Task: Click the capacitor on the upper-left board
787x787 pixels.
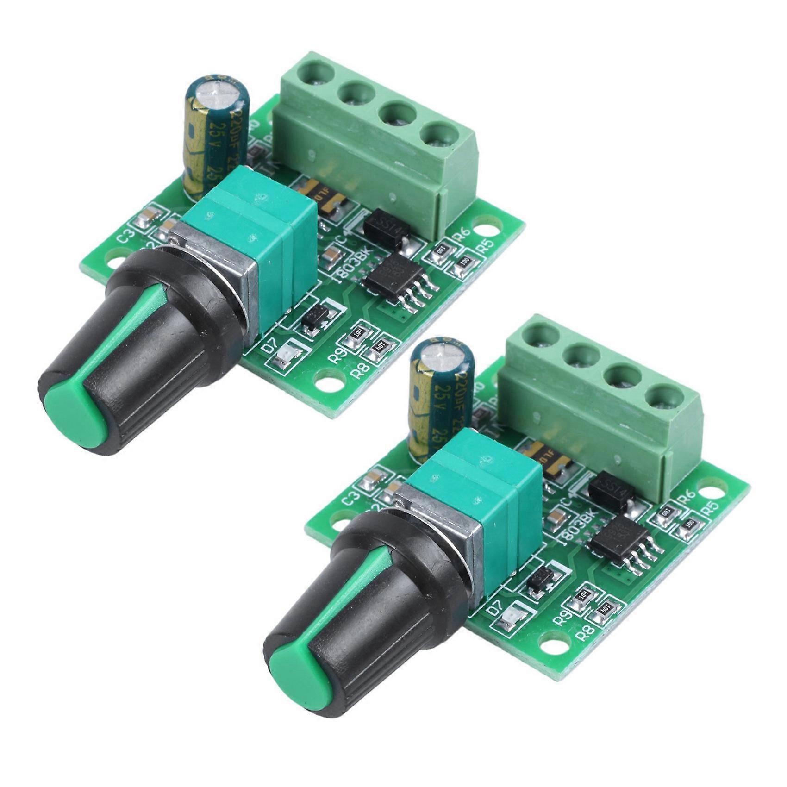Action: tap(217, 134)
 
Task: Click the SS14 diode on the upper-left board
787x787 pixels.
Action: tap(387, 227)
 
